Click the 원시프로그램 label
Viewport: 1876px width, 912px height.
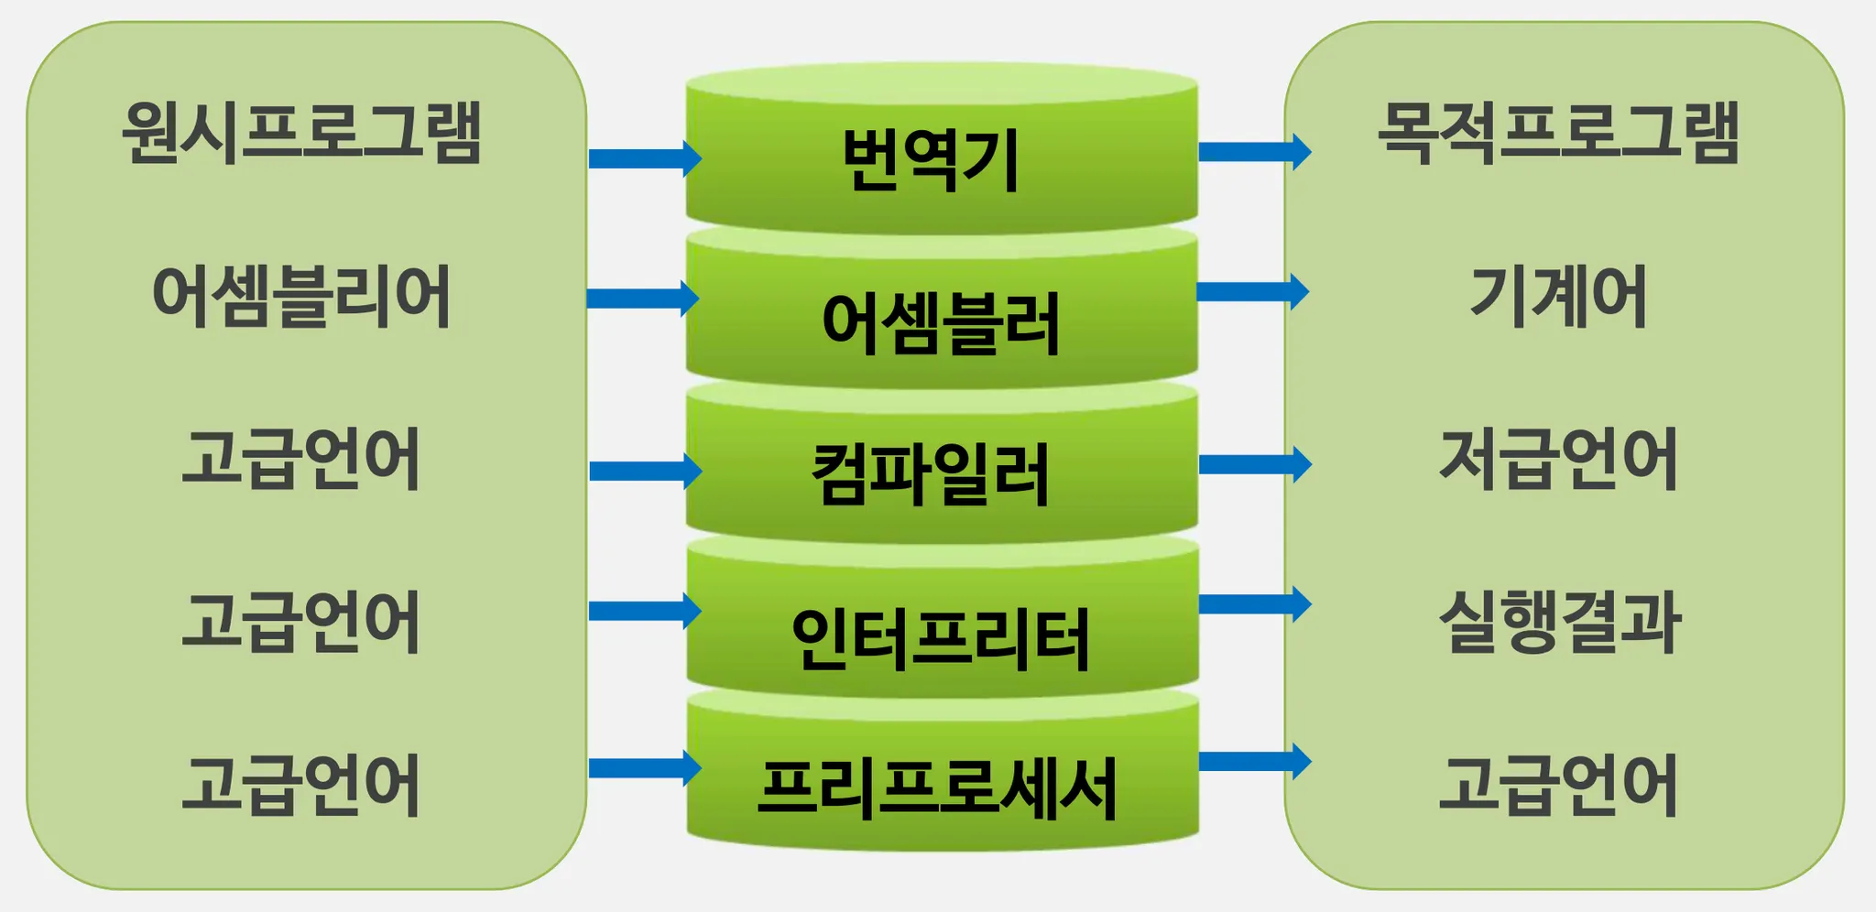point(301,133)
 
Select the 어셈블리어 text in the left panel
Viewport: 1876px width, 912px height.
point(301,296)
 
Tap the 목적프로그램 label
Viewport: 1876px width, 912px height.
point(1558,133)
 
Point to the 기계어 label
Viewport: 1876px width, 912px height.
point(1558,296)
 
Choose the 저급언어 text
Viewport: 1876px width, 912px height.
point(1558,459)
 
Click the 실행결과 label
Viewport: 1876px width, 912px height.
point(1560,622)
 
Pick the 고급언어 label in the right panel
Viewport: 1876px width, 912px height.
point(1558,785)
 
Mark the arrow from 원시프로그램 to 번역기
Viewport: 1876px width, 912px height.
point(644,158)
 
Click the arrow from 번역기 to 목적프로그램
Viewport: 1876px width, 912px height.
point(1254,151)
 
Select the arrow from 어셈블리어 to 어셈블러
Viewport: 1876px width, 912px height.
point(642,299)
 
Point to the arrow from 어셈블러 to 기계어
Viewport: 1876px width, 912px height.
point(1252,291)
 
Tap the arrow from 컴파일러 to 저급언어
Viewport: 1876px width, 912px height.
point(1254,464)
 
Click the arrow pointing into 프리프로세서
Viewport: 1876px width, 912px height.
point(644,767)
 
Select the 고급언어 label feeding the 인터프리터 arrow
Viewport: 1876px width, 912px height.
point(301,622)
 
